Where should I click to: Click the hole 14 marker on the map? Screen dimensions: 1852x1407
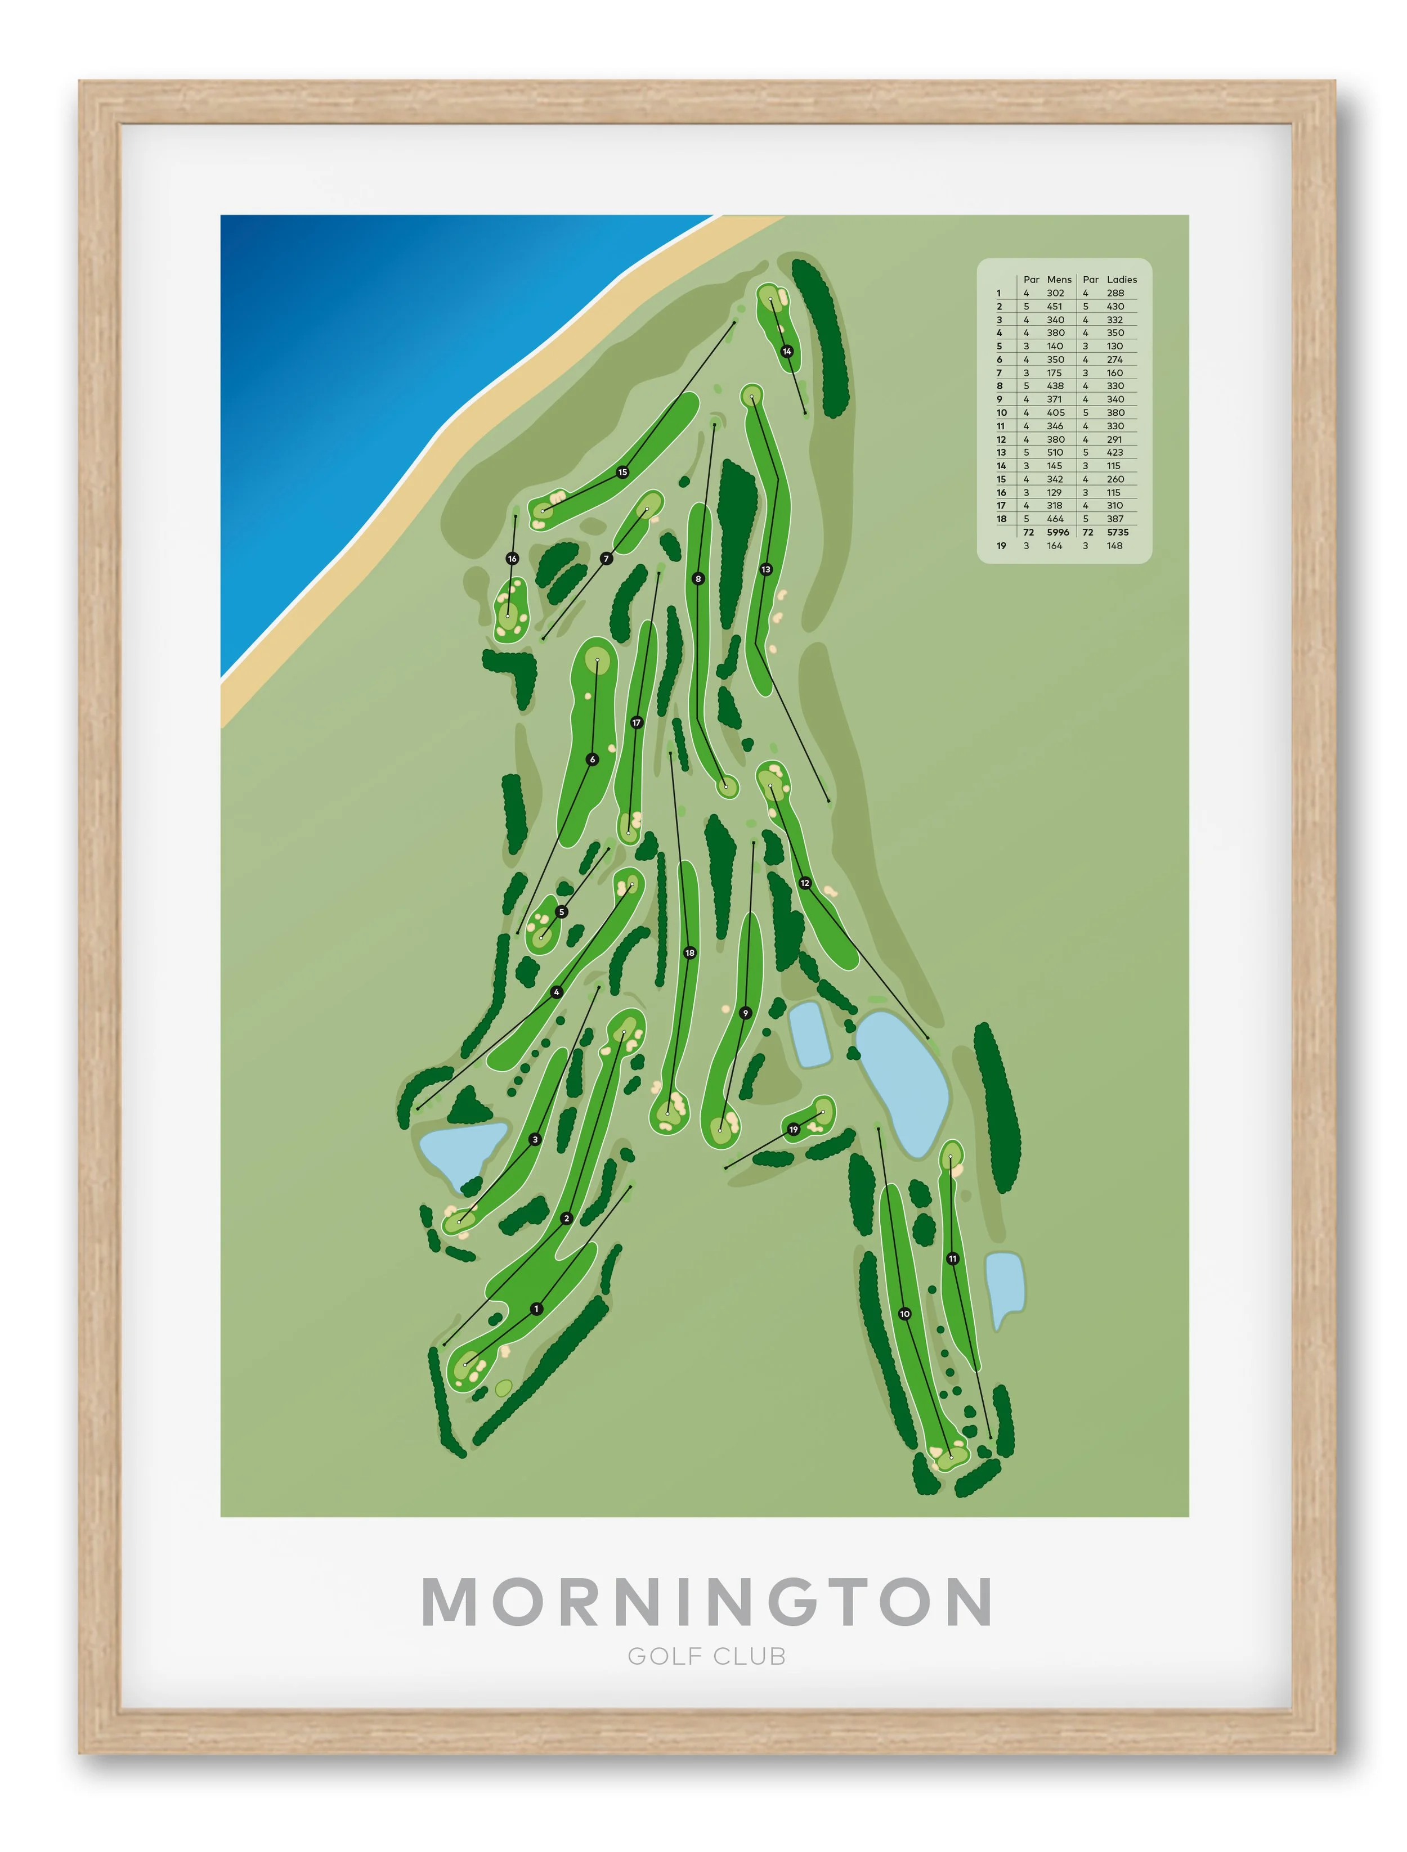(x=786, y=352)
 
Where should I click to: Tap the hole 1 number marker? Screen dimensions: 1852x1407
(x=537, y=1309)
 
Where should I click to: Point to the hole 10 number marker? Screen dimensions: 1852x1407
(x=904, y=1314)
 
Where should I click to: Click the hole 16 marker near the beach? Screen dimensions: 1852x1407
(x=513, y=559)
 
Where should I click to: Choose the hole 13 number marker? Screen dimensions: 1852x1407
(x=765, y=569)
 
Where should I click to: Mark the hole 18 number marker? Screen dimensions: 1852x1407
(x=690, y=953)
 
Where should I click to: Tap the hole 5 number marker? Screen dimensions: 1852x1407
(x=562, y=912)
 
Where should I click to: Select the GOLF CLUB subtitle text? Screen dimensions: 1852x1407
(x=706, y=1657)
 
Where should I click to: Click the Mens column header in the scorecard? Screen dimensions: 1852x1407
(x=1059, y=280)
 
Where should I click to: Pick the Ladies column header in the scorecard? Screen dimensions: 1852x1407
(x=1122, y=280)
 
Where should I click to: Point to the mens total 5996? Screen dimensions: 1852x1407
(x=1058, y=533)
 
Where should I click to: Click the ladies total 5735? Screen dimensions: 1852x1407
(x=1117, y=533)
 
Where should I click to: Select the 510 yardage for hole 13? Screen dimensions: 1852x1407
(x=1055, y=452)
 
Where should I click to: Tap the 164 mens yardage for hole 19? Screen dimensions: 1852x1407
(x=1055, y=546)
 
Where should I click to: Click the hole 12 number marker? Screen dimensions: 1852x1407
(x=805, y=883)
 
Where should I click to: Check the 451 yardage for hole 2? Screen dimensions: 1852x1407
(x=1055, y=307)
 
